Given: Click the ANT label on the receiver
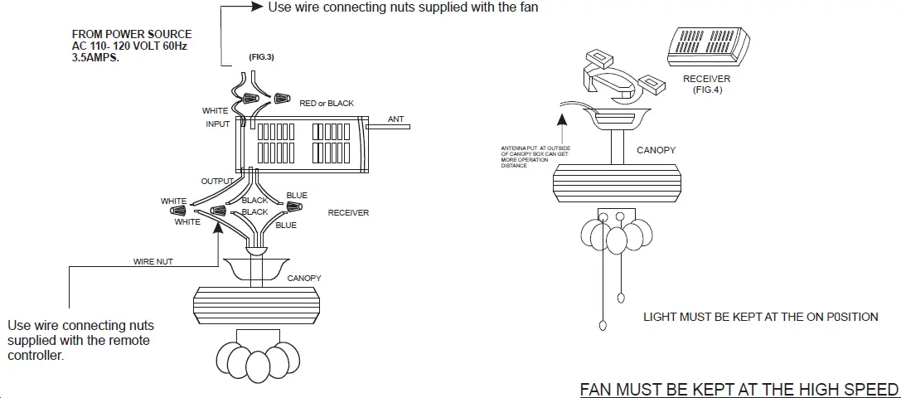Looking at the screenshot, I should coord(395,119).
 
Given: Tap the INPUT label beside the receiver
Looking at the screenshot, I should coord(218,124).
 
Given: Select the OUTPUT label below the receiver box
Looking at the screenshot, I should coord(218,181).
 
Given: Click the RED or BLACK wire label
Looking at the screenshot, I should coord(327,104).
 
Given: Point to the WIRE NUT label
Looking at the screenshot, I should coord(153,262).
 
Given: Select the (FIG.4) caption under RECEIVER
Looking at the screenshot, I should coord(707,90).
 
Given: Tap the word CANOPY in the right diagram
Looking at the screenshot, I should coord(656,151).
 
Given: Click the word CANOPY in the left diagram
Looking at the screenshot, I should coord(304,279).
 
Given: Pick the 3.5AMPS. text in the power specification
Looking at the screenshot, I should coord(95,58).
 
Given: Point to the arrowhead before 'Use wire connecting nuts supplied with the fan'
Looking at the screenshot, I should coord(256,7).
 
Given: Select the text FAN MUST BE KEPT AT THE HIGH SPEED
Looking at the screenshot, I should coord(739,390).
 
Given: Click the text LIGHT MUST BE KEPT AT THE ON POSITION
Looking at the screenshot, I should coord(761,318).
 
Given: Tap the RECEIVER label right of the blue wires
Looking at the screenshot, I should coord(348,213).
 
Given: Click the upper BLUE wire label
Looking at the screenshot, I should coord(297,196).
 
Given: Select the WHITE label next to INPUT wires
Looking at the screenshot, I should coord(216,110).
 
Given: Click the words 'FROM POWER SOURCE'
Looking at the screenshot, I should coord(132,35).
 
